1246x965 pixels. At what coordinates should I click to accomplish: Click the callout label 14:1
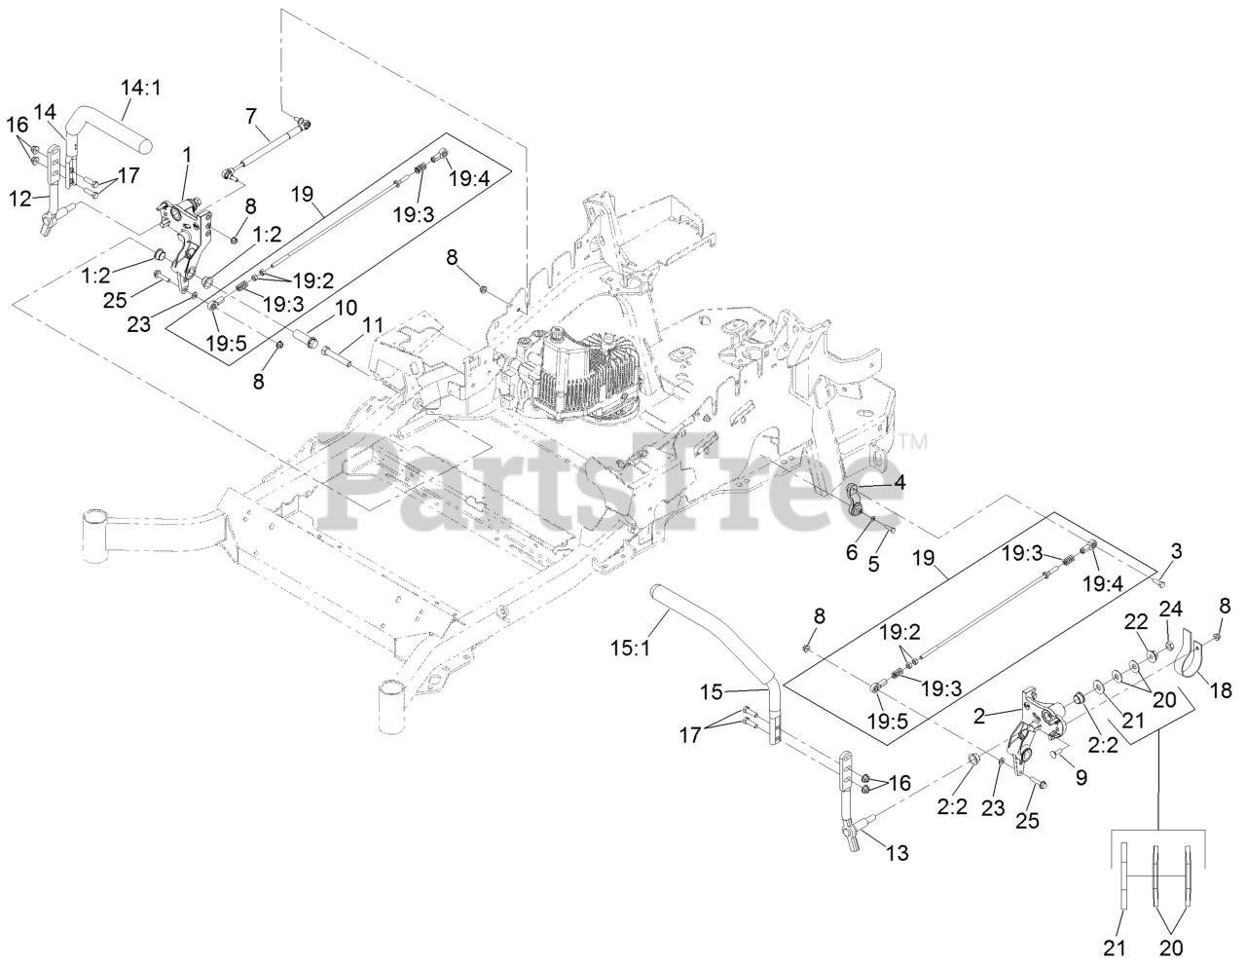click(141, 88)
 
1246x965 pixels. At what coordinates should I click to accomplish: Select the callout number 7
click(251, 116)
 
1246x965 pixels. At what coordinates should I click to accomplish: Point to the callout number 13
click(898, 853)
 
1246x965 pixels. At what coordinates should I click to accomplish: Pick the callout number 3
click(1176, 552)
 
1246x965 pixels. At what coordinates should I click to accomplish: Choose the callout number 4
click(899, 481)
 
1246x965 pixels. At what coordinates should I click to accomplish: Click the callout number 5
click(873, 564)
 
